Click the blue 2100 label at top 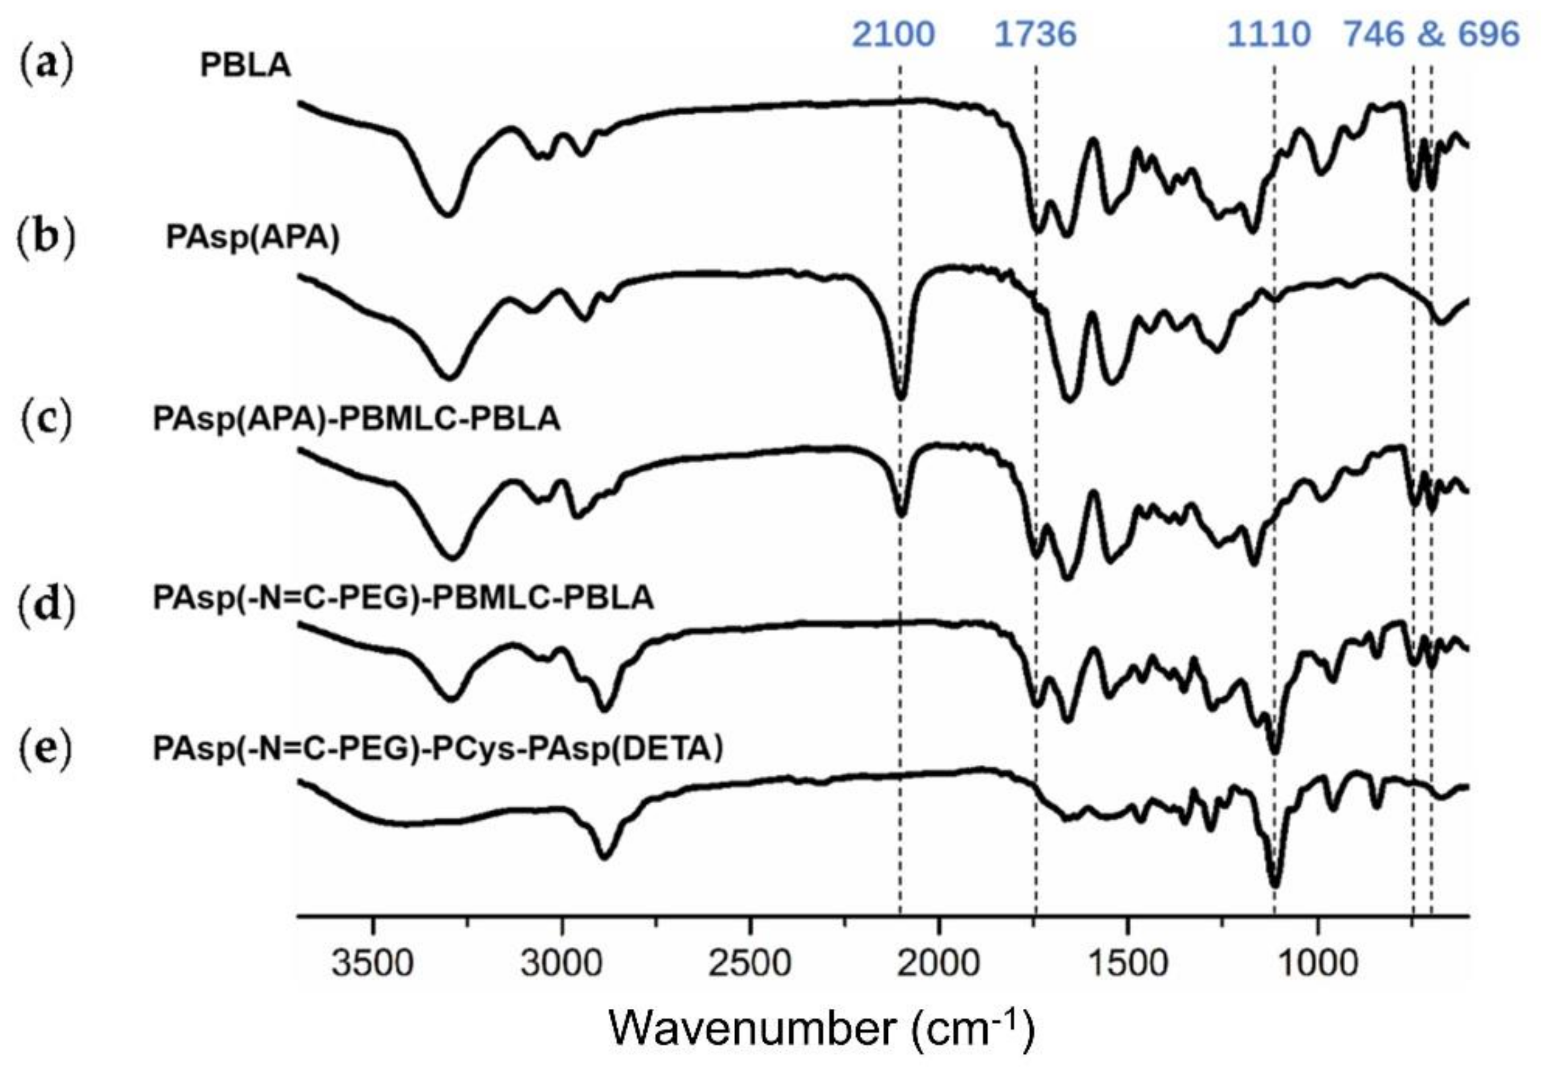893,34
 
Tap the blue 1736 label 1035,34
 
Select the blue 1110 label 1269,34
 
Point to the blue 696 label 1491,34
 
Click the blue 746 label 1373,34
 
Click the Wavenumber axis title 822,1029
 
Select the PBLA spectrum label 245,66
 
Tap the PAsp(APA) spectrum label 253,238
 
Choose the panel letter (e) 46,749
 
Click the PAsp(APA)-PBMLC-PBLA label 356,419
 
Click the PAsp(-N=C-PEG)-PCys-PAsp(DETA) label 437,749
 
